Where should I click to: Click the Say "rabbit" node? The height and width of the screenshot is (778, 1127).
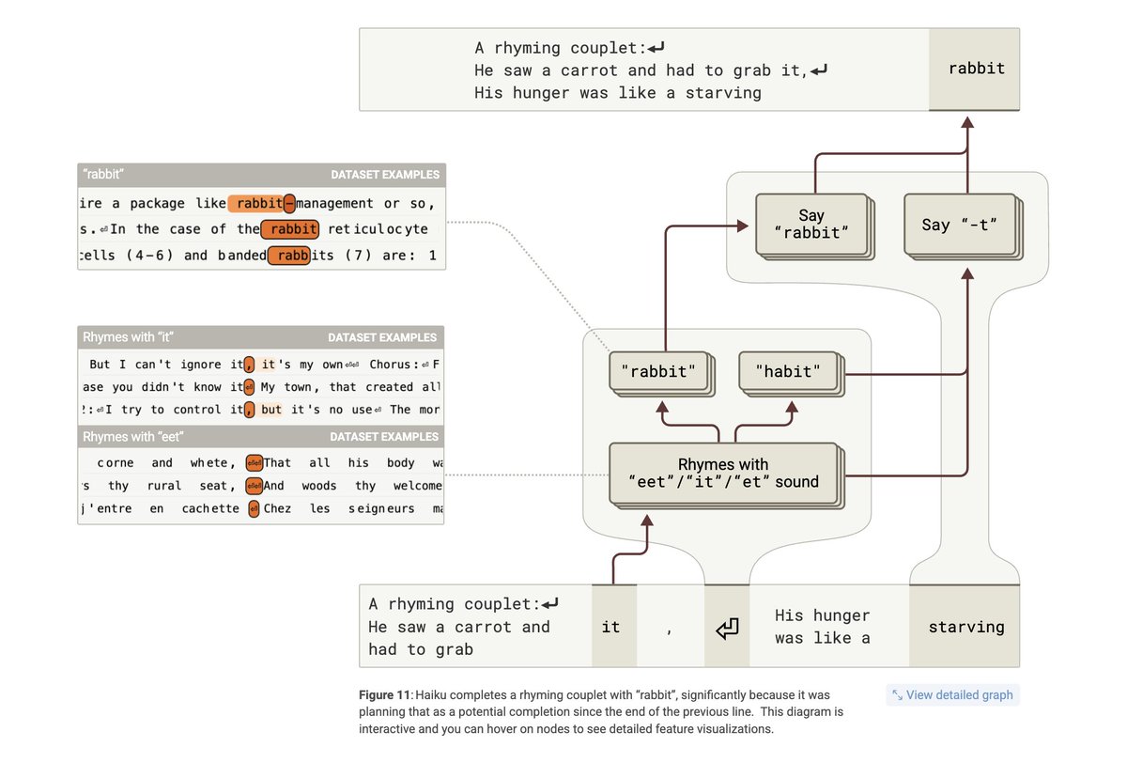click(811, 223)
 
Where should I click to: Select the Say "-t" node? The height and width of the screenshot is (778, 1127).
click(959, 224)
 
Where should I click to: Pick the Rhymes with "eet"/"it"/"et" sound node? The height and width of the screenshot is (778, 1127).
click(723, 473)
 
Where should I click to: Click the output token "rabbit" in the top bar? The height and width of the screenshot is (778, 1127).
click(976, 69)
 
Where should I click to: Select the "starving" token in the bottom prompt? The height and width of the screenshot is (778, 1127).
click(965, 627)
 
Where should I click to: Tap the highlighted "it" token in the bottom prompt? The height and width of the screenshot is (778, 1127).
click(611, 627)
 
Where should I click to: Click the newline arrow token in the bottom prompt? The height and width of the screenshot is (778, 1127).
click(727, 627)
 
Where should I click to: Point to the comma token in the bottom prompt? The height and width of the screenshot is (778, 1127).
click(669, 627)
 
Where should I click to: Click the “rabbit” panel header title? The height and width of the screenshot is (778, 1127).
click(104, 175)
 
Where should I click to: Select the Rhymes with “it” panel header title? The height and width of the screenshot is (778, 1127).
click(129, 337)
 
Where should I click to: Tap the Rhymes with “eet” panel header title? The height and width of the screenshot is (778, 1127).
click(132, 437)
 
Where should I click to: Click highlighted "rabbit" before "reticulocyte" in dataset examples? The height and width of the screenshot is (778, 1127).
click(290, 229)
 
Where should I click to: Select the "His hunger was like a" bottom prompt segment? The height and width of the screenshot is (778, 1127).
click(823, 627)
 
